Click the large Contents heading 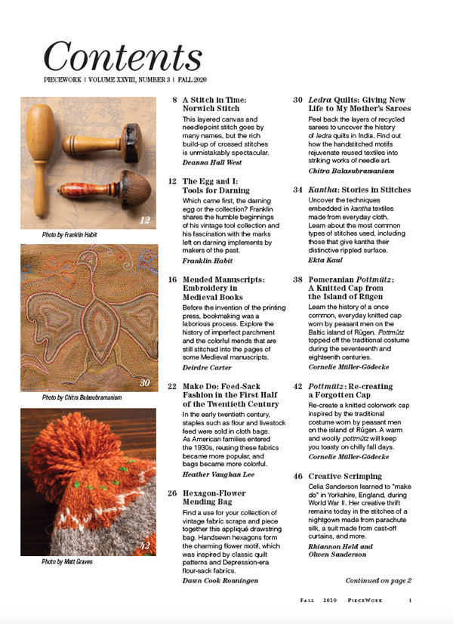pos(122,57)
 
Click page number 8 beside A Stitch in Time pos(175,100)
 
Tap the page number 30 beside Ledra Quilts pos(297,100)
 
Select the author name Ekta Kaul pos(328,259)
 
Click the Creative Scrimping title pos(344,476)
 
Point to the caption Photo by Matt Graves pos(66,562)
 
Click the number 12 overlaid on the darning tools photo pos(146,220)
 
